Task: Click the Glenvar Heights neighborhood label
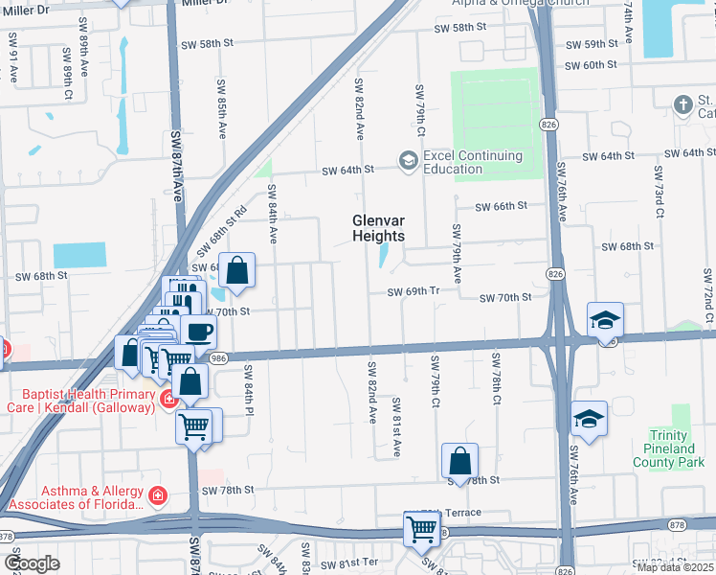tap(378, 228)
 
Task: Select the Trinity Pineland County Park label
tap(663, 448)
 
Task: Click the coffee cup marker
tap(198, 332)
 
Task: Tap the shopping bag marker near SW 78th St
tap(459, 461)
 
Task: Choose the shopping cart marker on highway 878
tap(421, 529)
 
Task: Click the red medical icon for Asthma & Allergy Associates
tap(157, 496)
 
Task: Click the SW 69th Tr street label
tap(413, 292)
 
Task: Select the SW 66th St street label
tap(502, 206)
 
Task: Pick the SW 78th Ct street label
tap(496, 379)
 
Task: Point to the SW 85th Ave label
tap(222, 115)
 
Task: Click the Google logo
tap(31, 563)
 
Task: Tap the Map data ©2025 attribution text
tap(676, 567)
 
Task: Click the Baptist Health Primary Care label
tap(84, 401)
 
